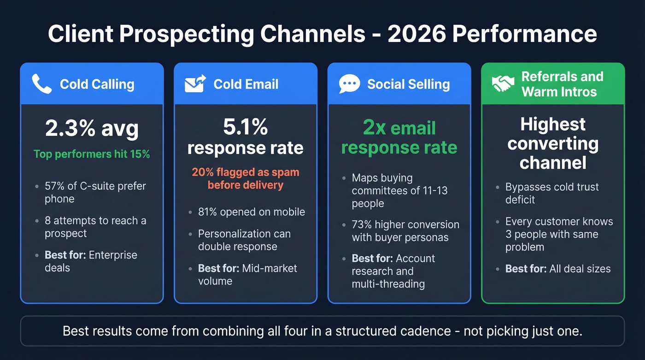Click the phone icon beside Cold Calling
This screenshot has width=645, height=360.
tap(41, 84)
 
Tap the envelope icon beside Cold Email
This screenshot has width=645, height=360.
tap(195, 84)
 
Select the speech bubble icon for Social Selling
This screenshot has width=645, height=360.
tap(349, 84)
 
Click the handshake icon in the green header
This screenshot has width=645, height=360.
tap(503, 84)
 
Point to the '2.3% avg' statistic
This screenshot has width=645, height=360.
tap(92, 129)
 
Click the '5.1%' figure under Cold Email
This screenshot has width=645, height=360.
tap(245, 128)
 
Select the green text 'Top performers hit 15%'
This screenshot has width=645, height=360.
tap(92, 154)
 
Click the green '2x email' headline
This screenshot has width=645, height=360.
tap(399, 128)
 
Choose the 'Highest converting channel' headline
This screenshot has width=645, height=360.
tap(553, 143)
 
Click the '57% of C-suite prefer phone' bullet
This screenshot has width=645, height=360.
tap(95, 193)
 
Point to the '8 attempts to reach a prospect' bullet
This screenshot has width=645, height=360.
tap(95, 227)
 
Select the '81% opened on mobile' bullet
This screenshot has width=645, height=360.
tap(251, 212)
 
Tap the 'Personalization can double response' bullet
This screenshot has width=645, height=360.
tap(244, 240)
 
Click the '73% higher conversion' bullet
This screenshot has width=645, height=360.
tap(405, 231)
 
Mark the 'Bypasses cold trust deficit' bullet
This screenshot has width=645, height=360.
tap(551, 193)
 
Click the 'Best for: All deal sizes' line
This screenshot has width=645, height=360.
tap(557, 269)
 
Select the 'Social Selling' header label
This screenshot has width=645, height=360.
tap(408, 84)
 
